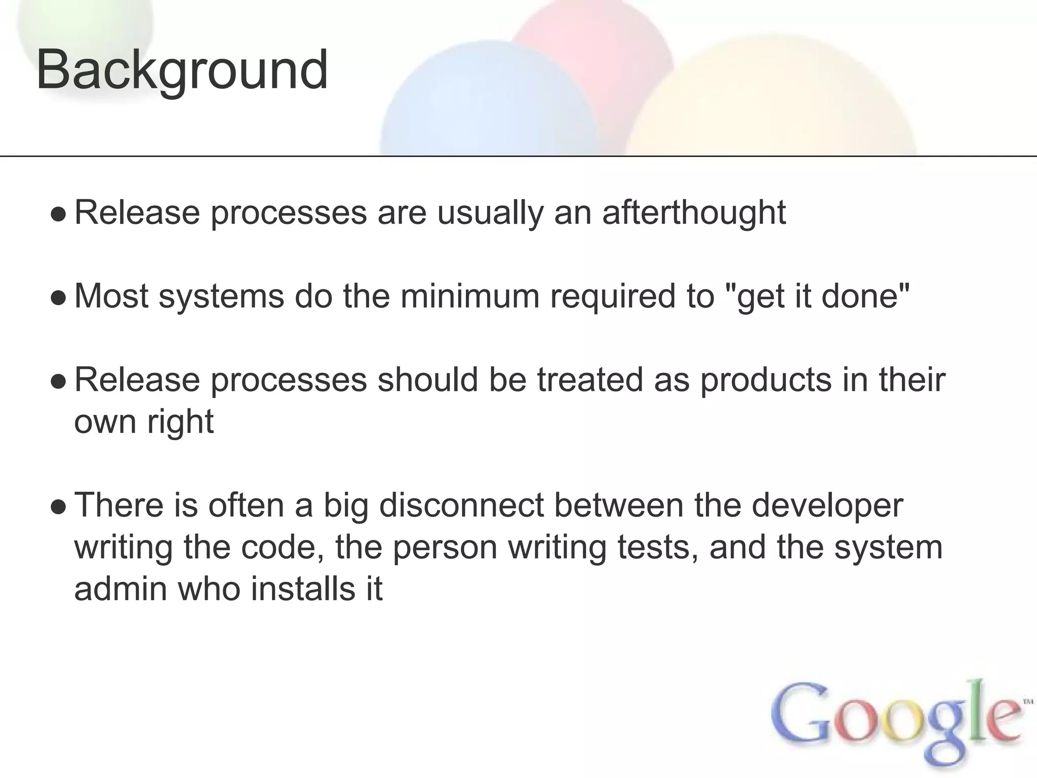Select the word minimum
(470, 296)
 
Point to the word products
(766, 379)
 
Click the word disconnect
(461, 505)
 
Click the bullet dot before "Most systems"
(59, 298)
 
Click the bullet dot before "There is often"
(59, 507)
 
